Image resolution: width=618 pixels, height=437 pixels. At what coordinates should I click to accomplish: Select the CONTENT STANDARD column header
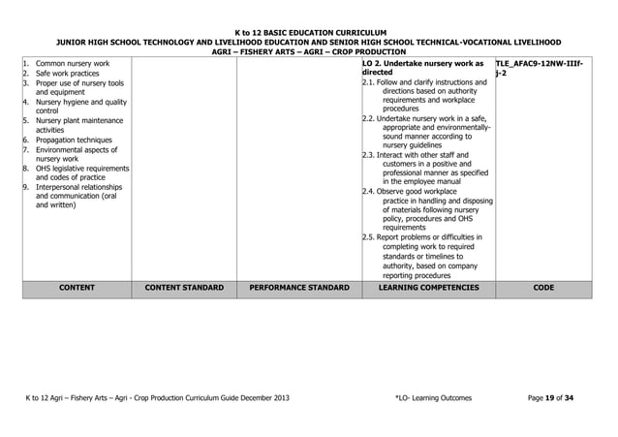pos(184,288)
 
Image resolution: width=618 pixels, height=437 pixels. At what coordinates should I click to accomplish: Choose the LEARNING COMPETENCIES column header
pos(427,288)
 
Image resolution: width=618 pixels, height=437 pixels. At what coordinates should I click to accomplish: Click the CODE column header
pos(543,288)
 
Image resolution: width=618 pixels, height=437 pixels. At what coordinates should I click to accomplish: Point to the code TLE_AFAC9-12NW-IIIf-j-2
pos(542,67)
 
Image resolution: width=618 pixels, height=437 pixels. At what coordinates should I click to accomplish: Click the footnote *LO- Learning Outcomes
pos(436,398)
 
